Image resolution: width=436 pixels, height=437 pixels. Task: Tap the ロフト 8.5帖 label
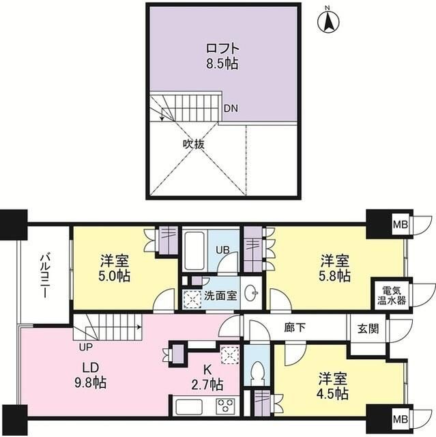223,56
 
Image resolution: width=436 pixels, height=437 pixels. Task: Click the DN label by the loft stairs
231,109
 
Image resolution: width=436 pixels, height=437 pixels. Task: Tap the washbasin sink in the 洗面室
252,296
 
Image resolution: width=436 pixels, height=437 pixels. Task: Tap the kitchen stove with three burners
225,406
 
